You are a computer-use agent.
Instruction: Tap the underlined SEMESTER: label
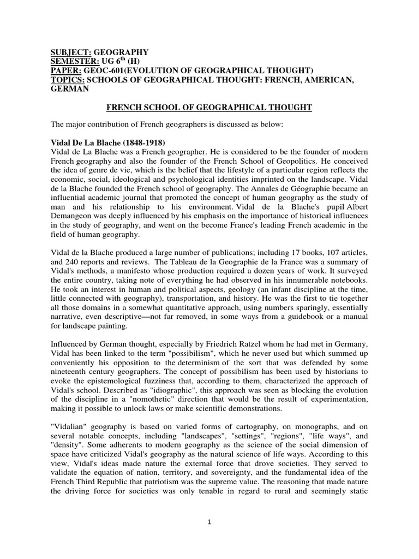(x=74, y=62)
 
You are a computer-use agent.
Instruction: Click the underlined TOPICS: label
(x=67, y=80)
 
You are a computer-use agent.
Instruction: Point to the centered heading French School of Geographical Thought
(x=209, y=108)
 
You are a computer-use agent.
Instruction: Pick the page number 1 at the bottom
(x=209, y=522)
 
